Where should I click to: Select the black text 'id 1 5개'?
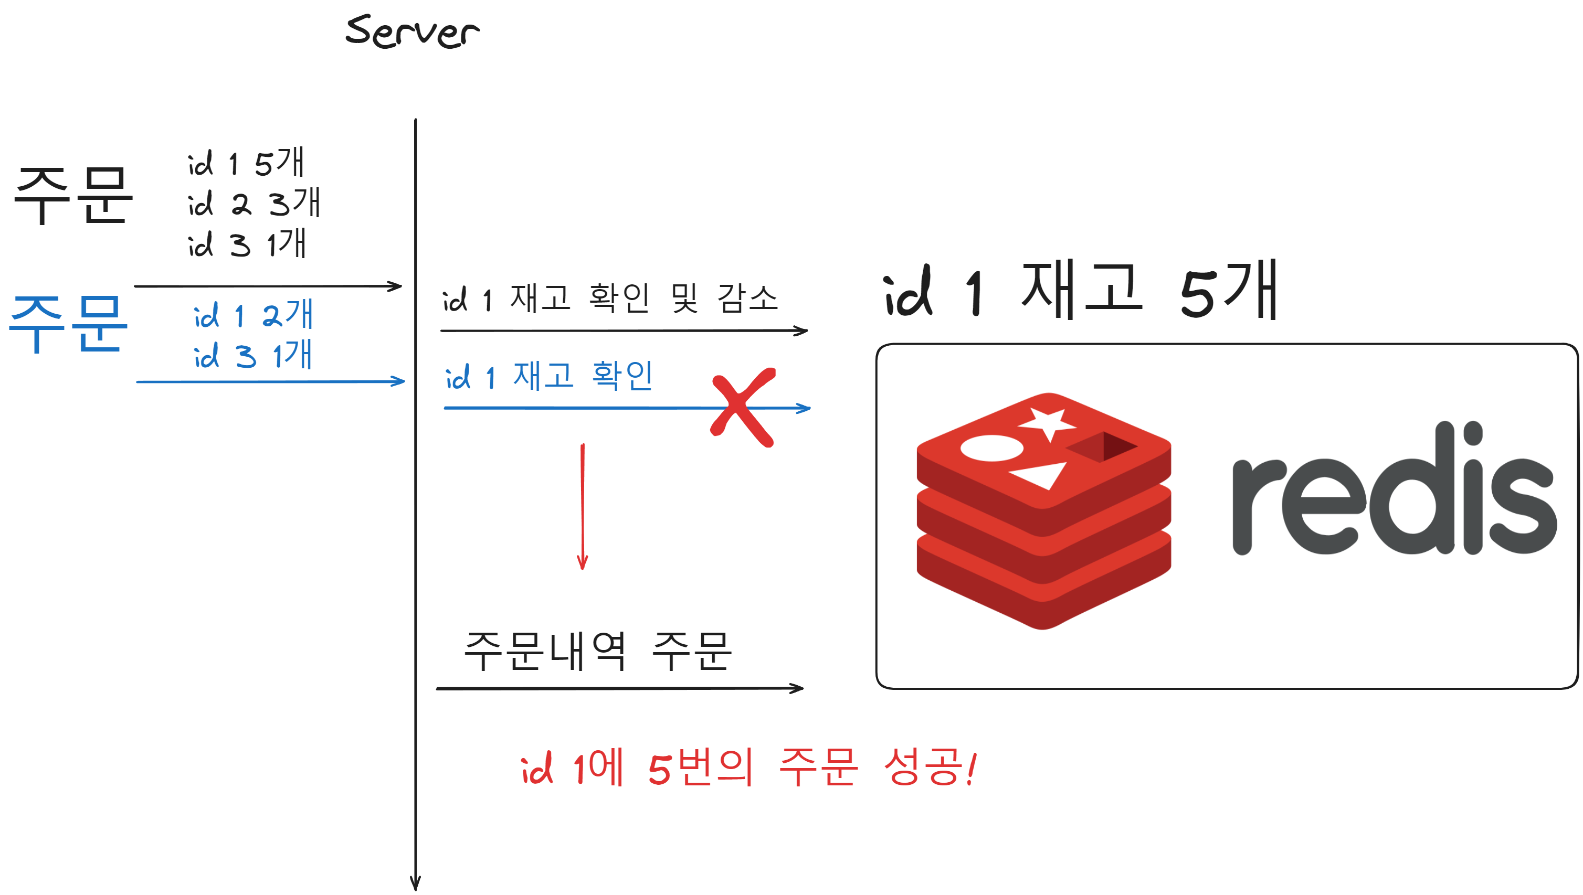[x=246, y=163]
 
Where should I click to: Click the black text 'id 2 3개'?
[x=254, y=203]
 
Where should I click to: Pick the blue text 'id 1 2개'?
[x=254, y=315]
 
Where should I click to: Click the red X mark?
[x=742, y=407]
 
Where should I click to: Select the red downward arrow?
[x=583, y=507]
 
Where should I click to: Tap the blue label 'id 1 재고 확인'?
[x=548, y=376]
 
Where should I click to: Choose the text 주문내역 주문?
[x=598, y=652]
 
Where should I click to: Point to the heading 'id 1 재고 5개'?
[x=1081, y=290]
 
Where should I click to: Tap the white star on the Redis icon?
[x=1047, y=423]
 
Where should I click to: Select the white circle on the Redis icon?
[x=991, y=448]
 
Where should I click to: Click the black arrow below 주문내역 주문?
[x=619, y=688]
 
